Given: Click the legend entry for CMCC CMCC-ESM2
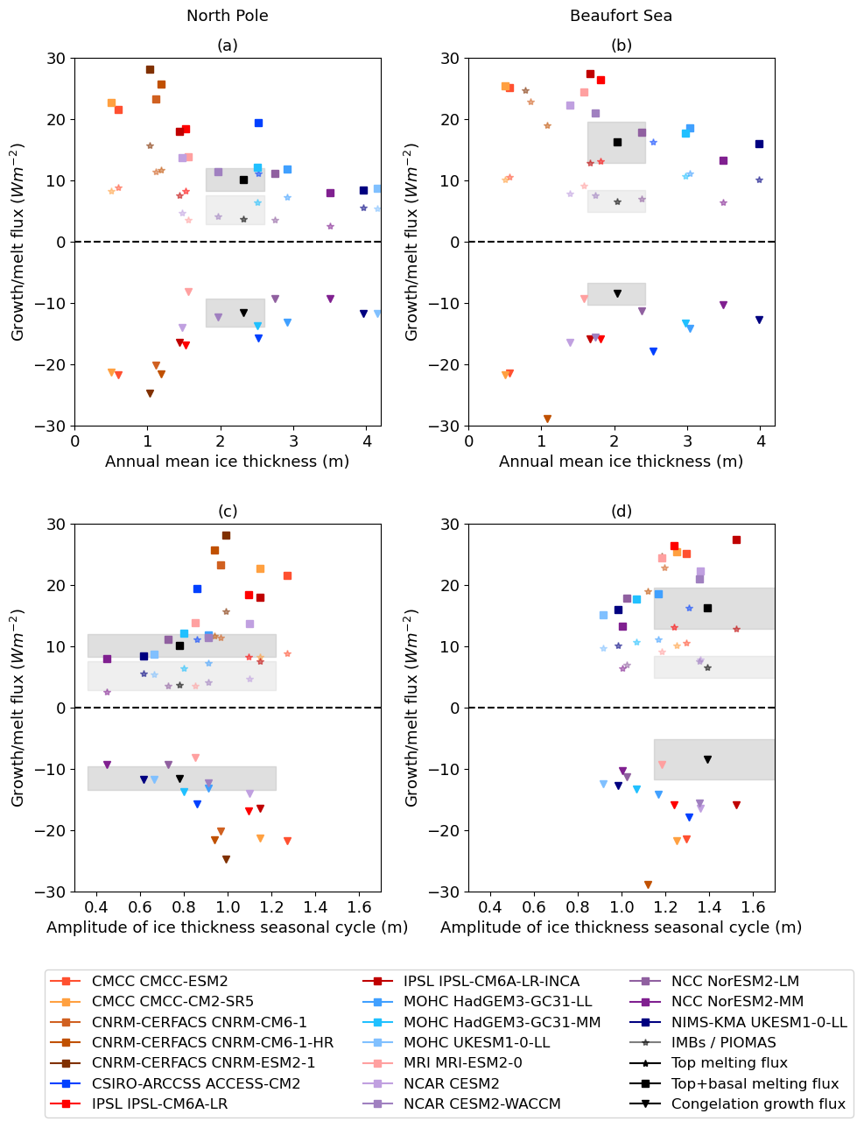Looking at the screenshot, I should coord(151,982).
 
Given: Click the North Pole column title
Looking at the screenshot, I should coord(228,16).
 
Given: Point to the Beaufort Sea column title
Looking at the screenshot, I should coord(622,16).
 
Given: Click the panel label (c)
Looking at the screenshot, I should coord(228,511).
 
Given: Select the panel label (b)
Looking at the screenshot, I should coord(622,46).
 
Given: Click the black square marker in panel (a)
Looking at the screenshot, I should coord(243,180).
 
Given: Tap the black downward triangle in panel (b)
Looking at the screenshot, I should coord(617,293).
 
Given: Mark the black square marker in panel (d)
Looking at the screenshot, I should coord(707,608).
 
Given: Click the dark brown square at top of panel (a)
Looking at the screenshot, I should coord(150,69).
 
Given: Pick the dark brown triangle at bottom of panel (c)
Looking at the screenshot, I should coord(226,859).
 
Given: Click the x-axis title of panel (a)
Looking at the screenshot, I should coord(228,462).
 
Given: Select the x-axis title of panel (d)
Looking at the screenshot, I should coord(622,927).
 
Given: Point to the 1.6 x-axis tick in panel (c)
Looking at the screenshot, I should coord(359,904).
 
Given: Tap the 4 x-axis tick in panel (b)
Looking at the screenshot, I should coord(760,438).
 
